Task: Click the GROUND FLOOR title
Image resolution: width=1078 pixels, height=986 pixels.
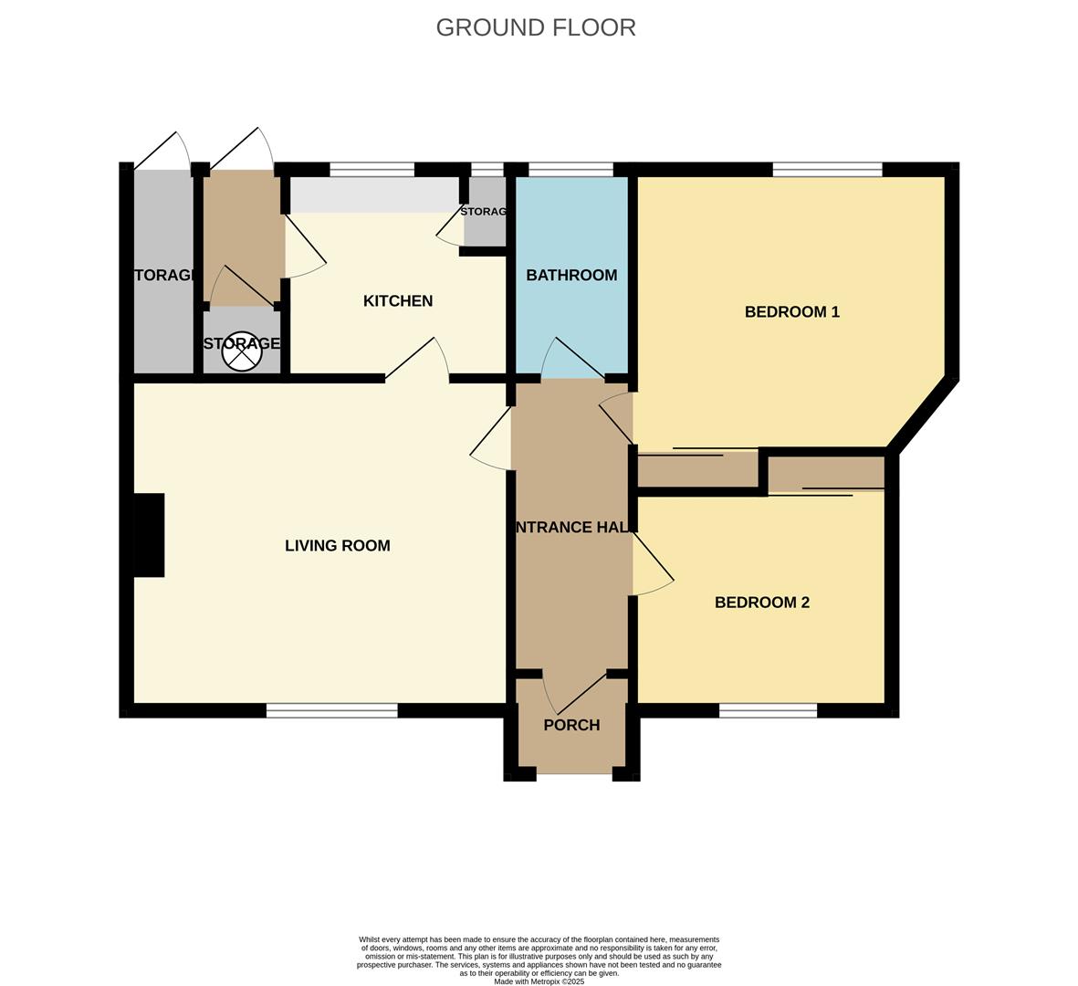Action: click(x=536, y=27)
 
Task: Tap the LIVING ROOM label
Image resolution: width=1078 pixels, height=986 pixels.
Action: click(x=338, y=546)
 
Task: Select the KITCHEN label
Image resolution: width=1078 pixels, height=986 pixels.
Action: click(x=398, y=301)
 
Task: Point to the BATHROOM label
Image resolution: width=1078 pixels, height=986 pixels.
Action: click(x=571, y=275)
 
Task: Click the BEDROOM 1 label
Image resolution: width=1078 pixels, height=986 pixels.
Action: click(x=791, y=312)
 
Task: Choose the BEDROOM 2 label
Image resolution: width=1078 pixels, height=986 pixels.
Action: click(x=762, y=603)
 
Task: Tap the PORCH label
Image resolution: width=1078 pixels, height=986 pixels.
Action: click(x=571, y=725)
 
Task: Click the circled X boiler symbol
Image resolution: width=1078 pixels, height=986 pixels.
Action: click(x=241, y=351)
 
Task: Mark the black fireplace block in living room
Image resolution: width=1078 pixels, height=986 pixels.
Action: click(x=149, y=535)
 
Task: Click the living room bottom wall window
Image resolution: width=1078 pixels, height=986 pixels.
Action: click(x=332, y=710)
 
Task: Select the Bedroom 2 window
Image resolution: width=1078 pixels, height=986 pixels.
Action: click(x=768, y=710)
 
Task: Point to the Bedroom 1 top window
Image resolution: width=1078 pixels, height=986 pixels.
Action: click(x=827, y=169)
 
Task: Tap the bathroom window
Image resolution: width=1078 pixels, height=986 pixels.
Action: click(x=570, y=169)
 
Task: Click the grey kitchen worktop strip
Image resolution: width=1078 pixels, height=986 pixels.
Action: click(x=374, y=194)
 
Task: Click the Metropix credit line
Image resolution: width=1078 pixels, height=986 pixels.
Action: click(x=539, y=981)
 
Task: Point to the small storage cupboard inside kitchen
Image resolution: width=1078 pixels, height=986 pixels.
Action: click(x=485, y=212)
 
